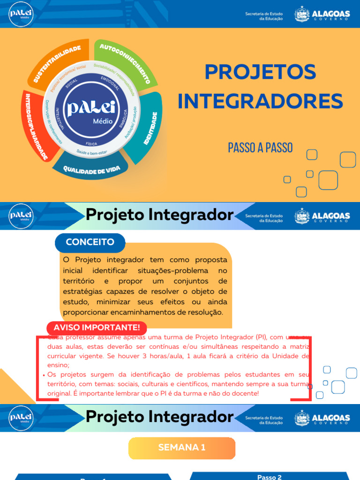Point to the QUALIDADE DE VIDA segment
(91, 169)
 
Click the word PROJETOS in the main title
(260, 72)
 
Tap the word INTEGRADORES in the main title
(260, 101)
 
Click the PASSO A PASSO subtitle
(260, 147)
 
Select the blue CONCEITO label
(90, 242)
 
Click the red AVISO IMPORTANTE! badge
(97, 327)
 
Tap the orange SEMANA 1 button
(182, 448)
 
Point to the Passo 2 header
(270, 477)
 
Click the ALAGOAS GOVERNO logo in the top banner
(322, 14)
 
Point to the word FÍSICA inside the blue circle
(92, 143)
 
